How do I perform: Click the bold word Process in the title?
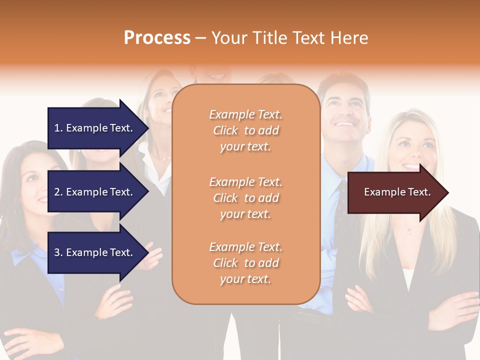click(157, 38)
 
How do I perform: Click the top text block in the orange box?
click(245, 130)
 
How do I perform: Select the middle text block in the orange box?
click(245, 198)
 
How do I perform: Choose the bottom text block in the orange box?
click(245, 263)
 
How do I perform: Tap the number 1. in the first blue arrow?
click(58, 128)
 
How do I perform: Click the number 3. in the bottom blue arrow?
click(58, 252)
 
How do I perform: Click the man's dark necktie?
click(341, 200)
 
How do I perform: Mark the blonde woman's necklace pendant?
click(409, 231)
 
